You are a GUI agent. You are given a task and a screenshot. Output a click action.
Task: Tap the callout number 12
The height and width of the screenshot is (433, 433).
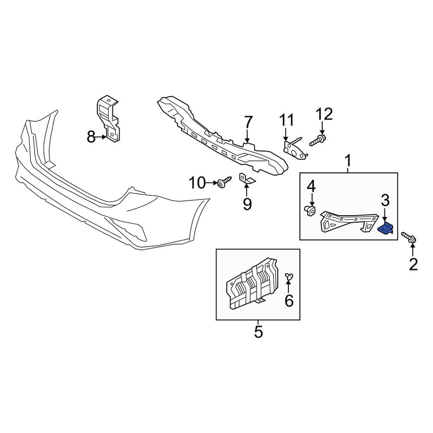click(324, 114)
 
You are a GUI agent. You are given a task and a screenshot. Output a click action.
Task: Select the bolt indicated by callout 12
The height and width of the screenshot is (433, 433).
click(317, 141)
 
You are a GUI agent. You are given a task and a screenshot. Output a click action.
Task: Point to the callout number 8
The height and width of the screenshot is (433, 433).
click(91, 137)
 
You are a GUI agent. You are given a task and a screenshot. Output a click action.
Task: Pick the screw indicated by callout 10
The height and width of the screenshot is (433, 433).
click(224, 182)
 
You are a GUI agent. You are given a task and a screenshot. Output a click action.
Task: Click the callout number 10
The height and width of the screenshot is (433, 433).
click(197, 183)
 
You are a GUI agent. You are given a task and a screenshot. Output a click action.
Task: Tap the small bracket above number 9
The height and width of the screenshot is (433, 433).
click(247, 178)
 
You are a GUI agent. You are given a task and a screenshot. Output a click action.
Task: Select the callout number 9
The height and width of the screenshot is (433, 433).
click(247, 204)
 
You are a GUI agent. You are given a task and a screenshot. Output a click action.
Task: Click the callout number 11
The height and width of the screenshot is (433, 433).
click(287, 120)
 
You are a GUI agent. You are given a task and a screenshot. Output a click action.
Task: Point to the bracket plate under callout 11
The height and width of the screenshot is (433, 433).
click(294, 149)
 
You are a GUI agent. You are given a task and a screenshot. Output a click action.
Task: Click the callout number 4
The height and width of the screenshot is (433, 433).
click(311, 186)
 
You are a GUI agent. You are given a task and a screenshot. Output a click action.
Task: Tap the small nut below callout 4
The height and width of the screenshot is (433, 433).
click(310, 211)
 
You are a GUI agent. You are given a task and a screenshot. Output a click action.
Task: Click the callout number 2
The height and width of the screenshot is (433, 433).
click(413, 264)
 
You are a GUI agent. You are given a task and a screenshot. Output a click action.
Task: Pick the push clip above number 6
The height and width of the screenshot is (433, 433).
click(289, 276)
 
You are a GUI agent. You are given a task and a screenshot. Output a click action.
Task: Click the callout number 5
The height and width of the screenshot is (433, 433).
click(259, 332)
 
